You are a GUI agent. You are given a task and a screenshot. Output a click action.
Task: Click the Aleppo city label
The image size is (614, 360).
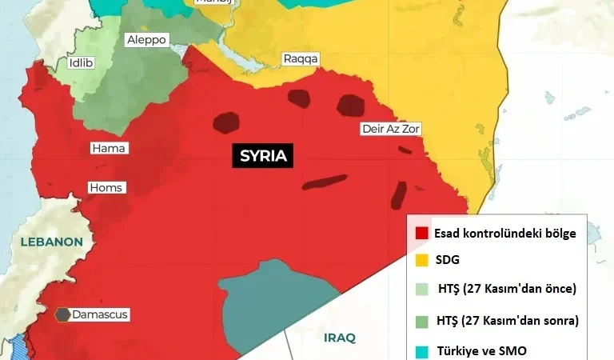pos(146,39)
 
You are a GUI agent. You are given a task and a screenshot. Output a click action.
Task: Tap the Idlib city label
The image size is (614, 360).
pos(81,62)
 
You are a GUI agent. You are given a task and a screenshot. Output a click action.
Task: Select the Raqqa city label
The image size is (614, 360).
pos(301,58)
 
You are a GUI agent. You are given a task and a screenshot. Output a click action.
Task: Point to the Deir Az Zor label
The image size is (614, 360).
pos(390,128)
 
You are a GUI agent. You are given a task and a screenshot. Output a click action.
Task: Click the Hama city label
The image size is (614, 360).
pos(110,148)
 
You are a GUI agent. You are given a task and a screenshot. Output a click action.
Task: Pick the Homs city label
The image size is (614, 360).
pos(106,188)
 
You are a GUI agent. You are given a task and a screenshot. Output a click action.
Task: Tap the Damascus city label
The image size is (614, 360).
pos(100,314)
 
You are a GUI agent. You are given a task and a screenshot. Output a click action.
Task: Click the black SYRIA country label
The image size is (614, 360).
pos(263,156)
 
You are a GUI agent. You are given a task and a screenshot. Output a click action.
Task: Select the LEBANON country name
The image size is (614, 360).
pos(52,242)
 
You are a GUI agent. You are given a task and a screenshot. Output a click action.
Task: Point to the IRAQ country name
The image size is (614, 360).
pos(339,338)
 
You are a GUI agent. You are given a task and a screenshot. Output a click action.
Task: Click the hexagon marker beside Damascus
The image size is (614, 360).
pos(62,314)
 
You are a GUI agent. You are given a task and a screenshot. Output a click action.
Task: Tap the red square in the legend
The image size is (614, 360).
pos(421,233)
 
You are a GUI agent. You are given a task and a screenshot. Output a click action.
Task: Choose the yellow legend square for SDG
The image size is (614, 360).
pos(421,260)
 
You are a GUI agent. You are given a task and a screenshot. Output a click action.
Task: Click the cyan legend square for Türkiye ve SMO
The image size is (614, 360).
pos(421,350)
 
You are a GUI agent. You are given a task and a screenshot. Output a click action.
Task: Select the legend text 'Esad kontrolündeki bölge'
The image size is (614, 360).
pos(505,233)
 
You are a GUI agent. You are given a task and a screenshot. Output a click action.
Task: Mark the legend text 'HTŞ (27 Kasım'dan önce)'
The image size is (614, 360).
pos(506,289)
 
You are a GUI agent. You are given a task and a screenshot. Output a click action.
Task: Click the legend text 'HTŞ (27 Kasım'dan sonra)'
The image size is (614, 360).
pos(507,320)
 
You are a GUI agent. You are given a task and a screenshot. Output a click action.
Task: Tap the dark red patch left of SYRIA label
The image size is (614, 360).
pos(226,122)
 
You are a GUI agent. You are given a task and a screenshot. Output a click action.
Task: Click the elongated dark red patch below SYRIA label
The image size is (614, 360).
pos(324,182)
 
